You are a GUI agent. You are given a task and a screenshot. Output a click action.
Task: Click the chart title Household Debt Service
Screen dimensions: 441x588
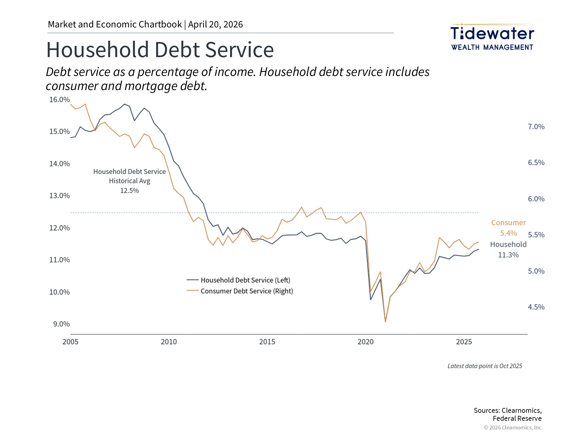tap(160, 50)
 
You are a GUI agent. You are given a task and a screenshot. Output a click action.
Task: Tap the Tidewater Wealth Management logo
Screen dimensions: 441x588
tap(492, 37)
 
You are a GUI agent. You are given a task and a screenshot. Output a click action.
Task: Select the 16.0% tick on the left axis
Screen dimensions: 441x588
tap(59, 100)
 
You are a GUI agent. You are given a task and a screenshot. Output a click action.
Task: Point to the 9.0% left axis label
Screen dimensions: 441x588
tap(61, 324)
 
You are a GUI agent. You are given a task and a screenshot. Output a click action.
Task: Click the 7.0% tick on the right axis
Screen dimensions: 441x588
tap(536, 127)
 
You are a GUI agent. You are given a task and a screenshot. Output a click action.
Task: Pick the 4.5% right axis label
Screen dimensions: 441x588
tap(536, 307)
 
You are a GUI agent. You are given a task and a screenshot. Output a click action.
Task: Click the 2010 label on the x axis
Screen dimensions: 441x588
tap(169, 342)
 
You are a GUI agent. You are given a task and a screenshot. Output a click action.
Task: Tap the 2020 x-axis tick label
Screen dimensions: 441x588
tap(365, 342)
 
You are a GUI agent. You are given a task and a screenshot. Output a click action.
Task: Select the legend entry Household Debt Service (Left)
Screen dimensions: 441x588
tap(245, 280)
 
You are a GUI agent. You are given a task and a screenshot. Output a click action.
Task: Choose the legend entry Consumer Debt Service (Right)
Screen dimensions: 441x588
tap(247, 291)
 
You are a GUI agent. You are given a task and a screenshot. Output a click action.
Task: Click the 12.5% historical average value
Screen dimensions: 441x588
tap(129, 190)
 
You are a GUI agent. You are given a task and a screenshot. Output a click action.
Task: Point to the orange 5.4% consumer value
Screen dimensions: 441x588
tap(508, 233)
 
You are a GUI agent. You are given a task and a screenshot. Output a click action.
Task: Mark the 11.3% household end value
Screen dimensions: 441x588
tap(508, 255)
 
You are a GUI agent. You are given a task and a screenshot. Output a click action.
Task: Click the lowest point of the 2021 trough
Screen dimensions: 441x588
tap(385, 321)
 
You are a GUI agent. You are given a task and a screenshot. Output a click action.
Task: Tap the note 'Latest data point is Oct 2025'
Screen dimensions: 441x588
tap(484, 366)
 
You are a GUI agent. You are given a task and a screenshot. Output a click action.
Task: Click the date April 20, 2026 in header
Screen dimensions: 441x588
tap(215, 24)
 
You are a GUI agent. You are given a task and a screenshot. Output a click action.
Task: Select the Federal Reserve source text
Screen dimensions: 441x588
tap(517, 419)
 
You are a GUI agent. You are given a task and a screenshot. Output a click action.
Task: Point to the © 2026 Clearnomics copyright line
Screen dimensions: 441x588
tap(513, 428)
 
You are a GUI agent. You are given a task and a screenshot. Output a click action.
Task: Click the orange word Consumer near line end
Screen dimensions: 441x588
tap(508, 223)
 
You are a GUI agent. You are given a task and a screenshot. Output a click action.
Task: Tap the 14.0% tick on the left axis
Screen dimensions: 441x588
tap(59, 164)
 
